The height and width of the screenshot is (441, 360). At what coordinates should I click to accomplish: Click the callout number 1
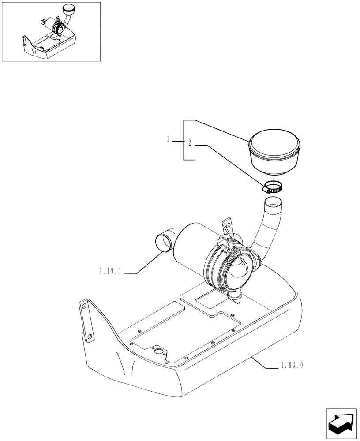169,139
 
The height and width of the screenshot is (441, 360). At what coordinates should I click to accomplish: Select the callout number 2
189,143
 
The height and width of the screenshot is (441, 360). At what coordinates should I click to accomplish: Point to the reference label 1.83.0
291,366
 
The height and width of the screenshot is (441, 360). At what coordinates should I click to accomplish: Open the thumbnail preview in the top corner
51,31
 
